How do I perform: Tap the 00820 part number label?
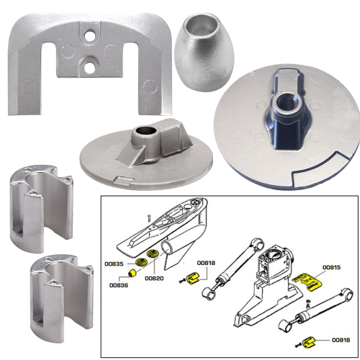coord(154,278)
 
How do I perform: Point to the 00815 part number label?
coord(332,268)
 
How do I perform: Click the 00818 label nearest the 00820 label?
coord(207,264)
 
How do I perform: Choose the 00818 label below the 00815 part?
coord(342,339)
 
